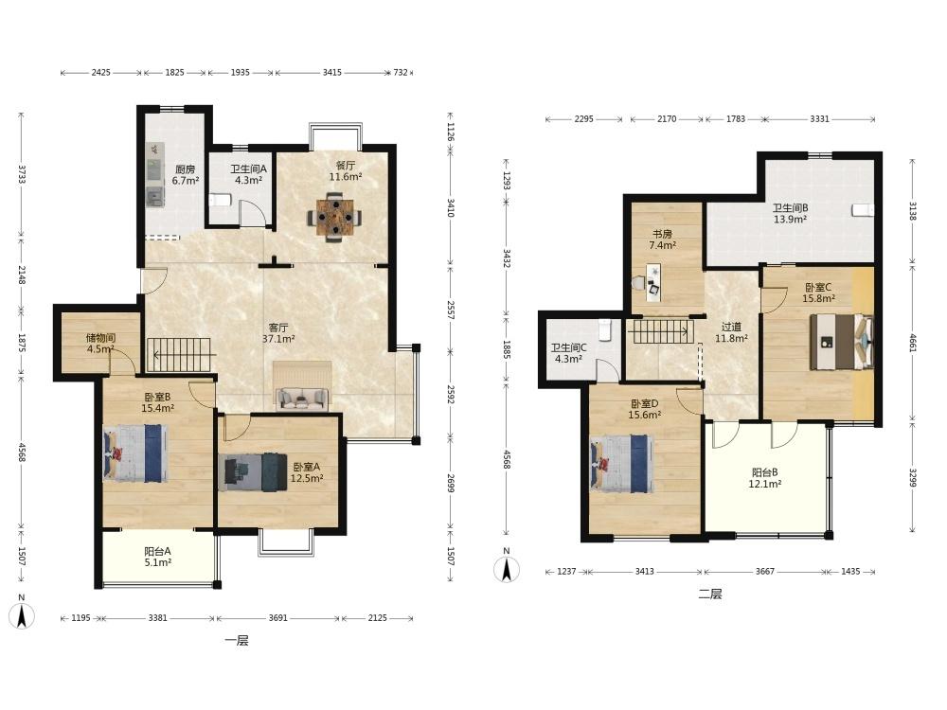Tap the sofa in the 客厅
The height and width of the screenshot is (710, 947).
[302, 398]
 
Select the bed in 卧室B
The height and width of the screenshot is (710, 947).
[135, 453]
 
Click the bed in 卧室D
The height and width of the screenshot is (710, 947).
[622, 464]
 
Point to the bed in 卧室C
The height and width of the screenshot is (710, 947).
[842, 341]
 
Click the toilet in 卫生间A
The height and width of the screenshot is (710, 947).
[220, 200]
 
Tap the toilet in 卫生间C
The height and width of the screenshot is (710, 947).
[604, 329]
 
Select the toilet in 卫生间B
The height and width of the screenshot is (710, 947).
[863, 210]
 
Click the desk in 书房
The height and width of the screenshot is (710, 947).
[652, 282]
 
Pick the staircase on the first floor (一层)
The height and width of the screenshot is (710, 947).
[181, 355]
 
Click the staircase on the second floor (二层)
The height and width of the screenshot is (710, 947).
[661, 331]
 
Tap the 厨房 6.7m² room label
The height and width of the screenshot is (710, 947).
[185, 174]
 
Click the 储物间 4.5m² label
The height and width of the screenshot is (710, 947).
[100, 343]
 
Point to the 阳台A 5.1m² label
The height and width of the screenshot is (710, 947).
[157, 557]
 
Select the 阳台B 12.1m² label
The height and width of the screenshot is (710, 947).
[765, 478]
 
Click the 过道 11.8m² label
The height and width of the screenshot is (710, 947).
[731, 332]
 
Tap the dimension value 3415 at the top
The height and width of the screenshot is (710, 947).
[331, 73]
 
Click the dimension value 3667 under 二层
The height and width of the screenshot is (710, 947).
[764, 571]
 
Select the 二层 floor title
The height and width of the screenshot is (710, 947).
[710, 595]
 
